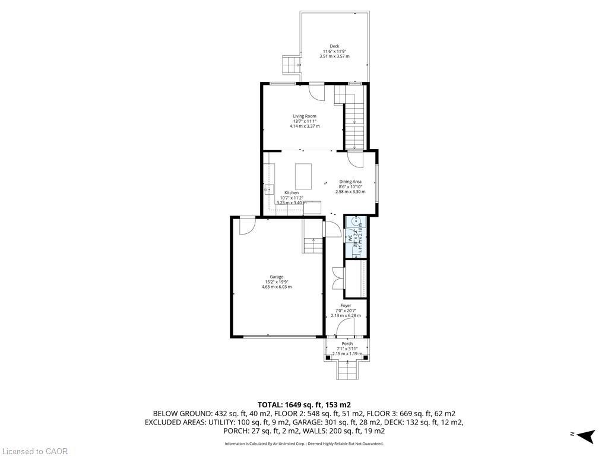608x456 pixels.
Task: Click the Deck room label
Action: point(335,46)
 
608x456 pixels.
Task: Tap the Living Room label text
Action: point(304,116)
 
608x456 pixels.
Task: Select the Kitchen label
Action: point(291,193)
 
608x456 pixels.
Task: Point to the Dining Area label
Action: point(350,182)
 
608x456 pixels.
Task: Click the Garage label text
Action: point(276,277)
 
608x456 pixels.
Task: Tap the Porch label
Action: point(347,344)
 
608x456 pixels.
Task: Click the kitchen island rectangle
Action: point(303,176)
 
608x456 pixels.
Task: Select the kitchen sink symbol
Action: point(269,190)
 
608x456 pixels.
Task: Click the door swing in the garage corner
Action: point(247,226)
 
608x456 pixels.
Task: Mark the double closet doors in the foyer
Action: point(338,278)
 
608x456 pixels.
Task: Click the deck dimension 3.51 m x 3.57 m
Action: point(335,56)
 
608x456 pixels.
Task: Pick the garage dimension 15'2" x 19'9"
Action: point(276,282)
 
